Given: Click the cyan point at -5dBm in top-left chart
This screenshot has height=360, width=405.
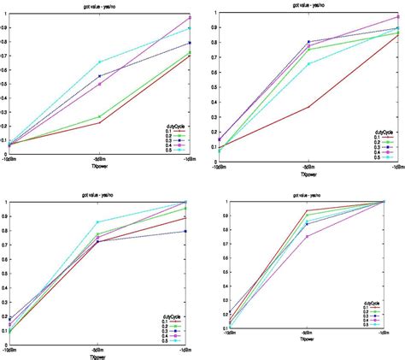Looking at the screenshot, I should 100,62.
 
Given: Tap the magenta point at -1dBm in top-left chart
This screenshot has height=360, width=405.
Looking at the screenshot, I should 190,17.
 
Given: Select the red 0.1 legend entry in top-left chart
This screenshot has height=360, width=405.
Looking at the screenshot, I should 174,131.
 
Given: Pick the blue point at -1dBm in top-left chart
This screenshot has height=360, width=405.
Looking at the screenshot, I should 190,43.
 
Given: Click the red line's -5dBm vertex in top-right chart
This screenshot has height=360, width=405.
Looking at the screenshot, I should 307,107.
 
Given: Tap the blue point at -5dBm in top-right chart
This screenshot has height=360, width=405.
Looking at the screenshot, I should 307,42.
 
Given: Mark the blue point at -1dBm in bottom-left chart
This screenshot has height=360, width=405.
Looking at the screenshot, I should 188,231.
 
